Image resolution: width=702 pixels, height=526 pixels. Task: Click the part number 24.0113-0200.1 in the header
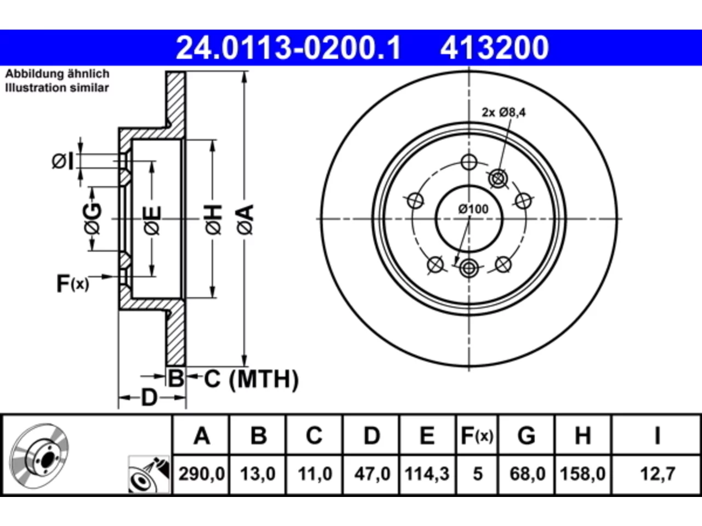(x=288, y=48)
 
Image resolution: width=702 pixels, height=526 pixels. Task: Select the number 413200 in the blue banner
(x=495, y=48)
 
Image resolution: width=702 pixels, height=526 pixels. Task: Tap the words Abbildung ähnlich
(x=57, y=74)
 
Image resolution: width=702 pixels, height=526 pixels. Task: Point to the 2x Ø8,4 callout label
(x=503, y=112)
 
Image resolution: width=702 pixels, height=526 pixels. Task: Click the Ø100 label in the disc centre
(x=473, y=209)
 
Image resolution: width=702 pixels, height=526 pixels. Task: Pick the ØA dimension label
(x=245, y=220)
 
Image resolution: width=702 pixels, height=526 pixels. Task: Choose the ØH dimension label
(x=213, y=220)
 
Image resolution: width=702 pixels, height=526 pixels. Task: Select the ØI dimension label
(x=63, y=161)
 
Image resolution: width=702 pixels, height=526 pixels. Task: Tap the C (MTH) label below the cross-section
(x=251, y=379)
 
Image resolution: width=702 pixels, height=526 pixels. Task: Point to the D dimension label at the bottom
(x=149, y=398)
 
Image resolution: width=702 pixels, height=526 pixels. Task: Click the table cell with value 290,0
(x=201, y=474)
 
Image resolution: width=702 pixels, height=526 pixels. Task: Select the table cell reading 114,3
(x=427, y=474)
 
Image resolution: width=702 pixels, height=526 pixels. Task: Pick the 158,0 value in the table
(x=582, y=474)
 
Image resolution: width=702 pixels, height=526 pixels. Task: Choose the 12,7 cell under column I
(x=657, y=474)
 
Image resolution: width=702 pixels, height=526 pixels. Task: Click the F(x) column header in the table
(x=477, y=435)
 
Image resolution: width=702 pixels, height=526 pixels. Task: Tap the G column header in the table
(x=526, y=435)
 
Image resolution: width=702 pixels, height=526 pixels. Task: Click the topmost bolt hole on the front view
(x=469, y=162)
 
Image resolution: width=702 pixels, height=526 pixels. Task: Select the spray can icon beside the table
(x=149, y=474)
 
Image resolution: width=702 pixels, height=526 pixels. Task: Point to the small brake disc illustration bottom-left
(x=39, y=456)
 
